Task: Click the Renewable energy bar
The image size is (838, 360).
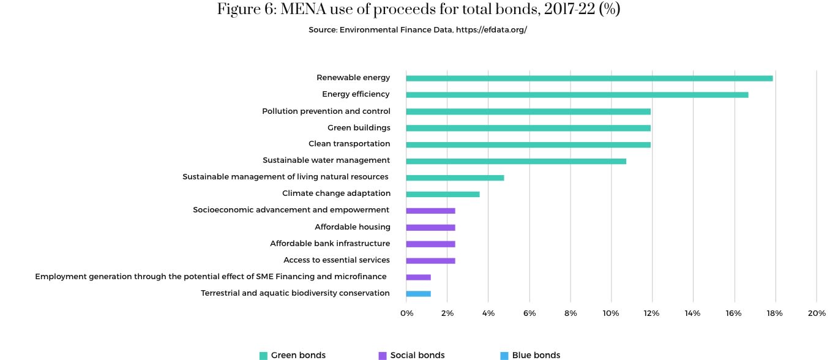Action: coord(589,78)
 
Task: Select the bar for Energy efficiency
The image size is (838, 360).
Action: coord(577,95)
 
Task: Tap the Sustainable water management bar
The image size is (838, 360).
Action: coord(515,161)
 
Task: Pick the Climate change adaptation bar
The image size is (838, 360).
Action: coord(443,194)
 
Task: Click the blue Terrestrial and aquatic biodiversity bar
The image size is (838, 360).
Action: coord(418,294)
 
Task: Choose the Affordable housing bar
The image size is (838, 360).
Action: coord(430,228)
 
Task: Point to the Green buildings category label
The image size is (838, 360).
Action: coord(359,127)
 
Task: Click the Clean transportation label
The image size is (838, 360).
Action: coord(349,144)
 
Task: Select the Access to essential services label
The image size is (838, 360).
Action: coord(337,260)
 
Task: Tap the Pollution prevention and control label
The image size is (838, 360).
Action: coord(326,111)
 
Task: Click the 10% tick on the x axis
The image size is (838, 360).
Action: coord(611,313)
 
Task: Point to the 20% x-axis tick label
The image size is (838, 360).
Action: coord(817,313)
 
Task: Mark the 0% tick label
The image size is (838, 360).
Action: coord(406,313)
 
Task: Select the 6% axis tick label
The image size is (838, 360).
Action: coord(529,313)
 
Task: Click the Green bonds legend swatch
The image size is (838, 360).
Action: coord(263,356)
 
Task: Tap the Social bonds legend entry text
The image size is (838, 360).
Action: coord(417,355)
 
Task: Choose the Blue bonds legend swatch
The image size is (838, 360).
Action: coord(504,356)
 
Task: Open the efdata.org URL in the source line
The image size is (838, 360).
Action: coord(492,30)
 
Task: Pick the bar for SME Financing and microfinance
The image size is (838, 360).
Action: coord(418,277)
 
